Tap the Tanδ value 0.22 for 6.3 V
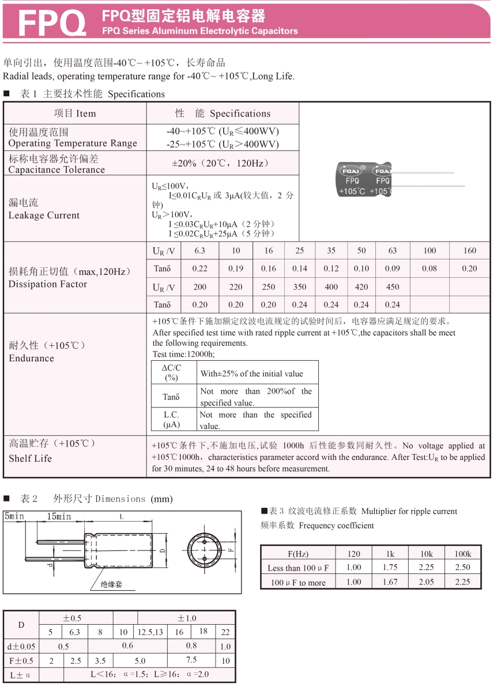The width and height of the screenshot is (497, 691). [200, 268]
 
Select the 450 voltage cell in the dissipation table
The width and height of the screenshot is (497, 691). [392, 286]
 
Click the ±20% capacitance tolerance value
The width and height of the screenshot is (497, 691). [223, 163]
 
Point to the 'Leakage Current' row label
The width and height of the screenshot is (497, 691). [44, 216]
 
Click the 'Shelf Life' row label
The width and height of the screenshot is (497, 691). [30, 458]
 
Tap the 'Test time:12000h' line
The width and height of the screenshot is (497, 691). [183, 354]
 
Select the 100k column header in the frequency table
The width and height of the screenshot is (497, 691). [462, 553]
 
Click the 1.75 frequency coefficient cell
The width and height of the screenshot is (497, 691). [390, 567]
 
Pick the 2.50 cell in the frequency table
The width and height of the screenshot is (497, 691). [462, 567]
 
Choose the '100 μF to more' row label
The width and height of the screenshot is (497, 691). [298, 583]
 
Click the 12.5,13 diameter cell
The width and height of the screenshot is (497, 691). [150, 632]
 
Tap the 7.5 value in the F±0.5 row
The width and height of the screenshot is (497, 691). [191, 660]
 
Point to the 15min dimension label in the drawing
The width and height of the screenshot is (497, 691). [59, 516]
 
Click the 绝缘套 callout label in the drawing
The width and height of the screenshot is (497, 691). [111, 584]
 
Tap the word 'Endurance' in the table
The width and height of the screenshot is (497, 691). [31, 358]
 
